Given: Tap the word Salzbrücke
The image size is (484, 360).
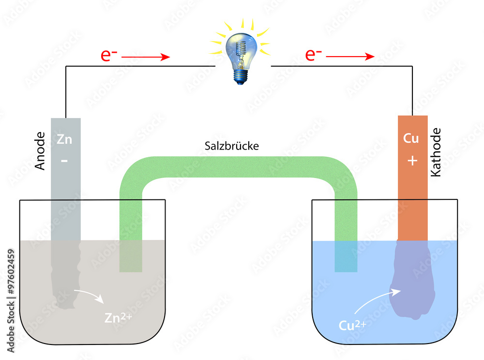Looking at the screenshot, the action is (x=231, y=146).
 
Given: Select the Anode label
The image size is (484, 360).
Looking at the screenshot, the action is (x=40, y=151).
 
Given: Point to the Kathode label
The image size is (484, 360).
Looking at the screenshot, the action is (x=436, y=152).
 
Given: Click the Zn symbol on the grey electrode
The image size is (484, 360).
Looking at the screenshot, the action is (x=64, y=139).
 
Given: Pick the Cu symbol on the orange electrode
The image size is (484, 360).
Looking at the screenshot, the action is (x=411, y=138).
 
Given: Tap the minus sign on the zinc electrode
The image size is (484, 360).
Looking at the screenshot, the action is (x=64, y=161).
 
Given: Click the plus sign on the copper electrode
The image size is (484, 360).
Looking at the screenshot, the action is (x=412, y=161).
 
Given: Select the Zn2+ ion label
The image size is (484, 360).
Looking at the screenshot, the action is (x=118, y=317).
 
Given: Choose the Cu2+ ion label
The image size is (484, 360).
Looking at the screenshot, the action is (x=352, y=325).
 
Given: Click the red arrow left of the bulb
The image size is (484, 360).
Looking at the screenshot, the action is (x=146, y=57).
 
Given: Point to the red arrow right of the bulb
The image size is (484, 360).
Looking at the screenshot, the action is (x=350, y=57).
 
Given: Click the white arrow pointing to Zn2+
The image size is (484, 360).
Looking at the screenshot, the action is (x=90, y=294).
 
